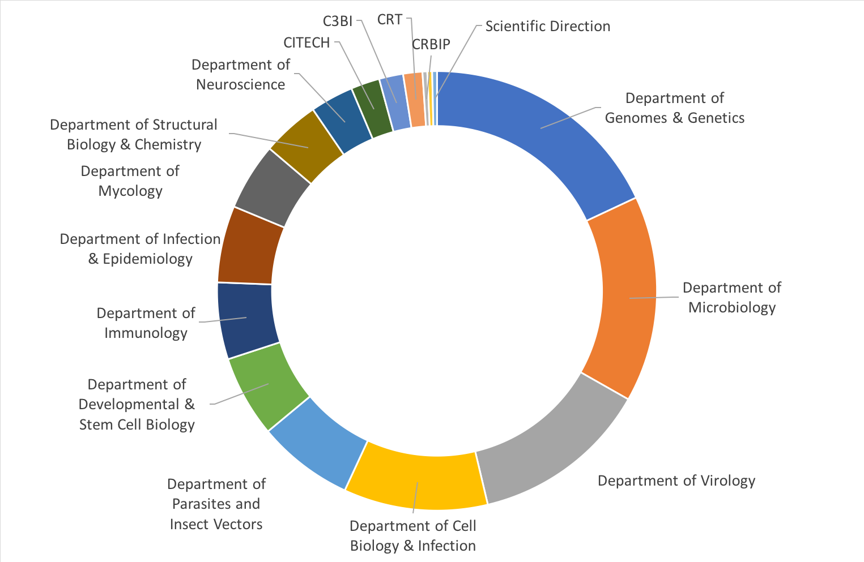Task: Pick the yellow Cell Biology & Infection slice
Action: tap(416, 481)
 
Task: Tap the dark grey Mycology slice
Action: tap(272, 187)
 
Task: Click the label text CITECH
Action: tap(307, 43)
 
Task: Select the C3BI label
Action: tap(338, 22)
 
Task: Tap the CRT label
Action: tap(390, 20)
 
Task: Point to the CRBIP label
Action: tap(431, 45)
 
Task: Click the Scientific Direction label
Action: tap(548, 27)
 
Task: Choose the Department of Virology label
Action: tap(676, 481)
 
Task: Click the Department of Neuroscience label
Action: tap(241, 75)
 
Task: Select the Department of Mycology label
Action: tap(130, 181)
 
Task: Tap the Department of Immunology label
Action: tap(146, 323)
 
